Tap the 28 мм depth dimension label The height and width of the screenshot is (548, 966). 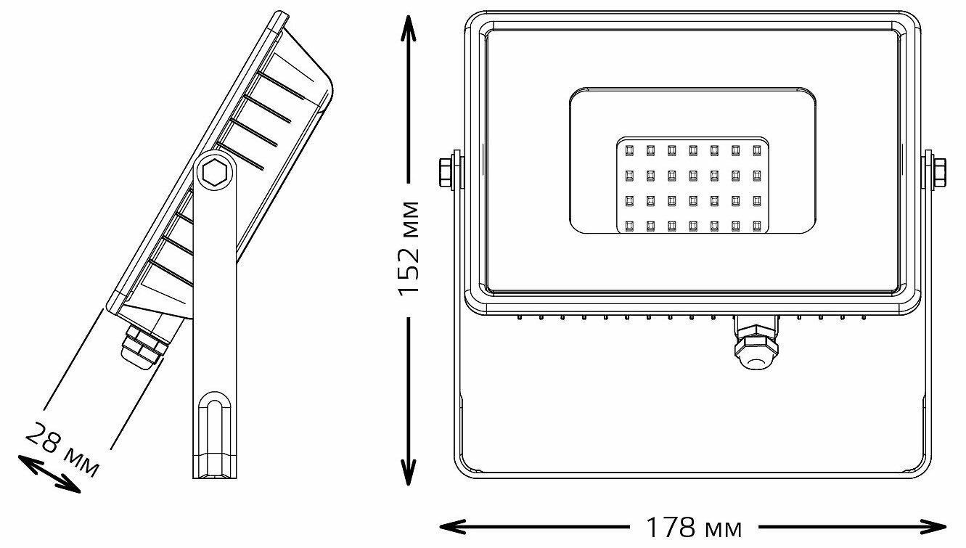pyautogui.click(x=62, y=450)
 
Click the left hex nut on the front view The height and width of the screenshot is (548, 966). pyautogui.click(x=446, y=172)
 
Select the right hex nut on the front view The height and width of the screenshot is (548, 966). pyautogui.click(x=937, y=172)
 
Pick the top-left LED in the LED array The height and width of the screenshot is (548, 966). pyautogui.click(x=630, y=150)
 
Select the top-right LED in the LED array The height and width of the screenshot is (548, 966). pyautogui.click(x=757, y=150)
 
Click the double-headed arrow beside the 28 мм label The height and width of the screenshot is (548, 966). pyautogui.click(x=48, y=473)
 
